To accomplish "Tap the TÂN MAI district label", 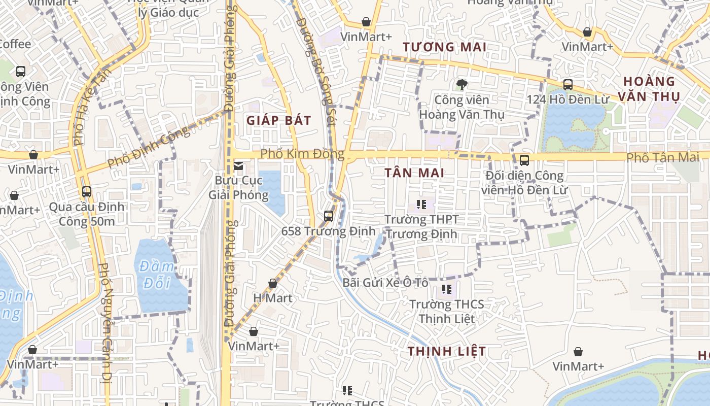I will [414, 173].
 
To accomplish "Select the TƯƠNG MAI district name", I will [444, 47].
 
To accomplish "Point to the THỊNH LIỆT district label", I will [446, 351].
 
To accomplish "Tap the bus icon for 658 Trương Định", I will [329, 216].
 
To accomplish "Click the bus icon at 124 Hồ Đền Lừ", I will [568, 85].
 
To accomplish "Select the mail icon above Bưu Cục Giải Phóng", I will [238, 166].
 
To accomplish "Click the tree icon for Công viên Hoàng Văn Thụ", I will [461, 85].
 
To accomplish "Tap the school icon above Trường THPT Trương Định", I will [421, 205].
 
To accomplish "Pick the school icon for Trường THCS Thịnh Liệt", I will [446, 289].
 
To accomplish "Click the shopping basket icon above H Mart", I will [273, 283].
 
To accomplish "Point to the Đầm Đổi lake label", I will [158, 274].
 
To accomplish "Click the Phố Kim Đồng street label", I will [302, 153].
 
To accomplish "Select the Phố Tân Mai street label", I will [662, 157].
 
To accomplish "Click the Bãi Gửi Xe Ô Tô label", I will [385, 283].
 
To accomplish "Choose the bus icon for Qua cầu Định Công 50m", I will [87, 192].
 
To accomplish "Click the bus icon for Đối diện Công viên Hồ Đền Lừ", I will [524, 160].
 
